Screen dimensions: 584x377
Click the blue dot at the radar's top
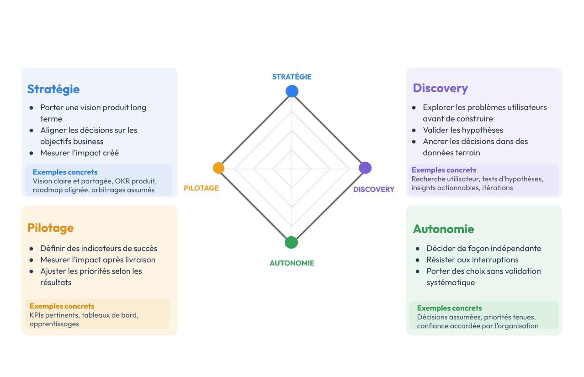(292, 91)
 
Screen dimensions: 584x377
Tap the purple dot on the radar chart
(365, 168)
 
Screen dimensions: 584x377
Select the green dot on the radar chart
(291, 243)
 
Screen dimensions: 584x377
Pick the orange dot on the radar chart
(218, 168)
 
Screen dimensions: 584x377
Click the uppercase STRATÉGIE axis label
(292, 77)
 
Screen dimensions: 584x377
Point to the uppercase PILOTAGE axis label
(201, 188)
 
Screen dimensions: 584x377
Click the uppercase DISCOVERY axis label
(374, 189)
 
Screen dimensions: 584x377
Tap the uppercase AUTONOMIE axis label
(292, 263)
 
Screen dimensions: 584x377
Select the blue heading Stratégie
(53, 90)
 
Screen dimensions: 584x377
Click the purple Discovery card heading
(441, 88)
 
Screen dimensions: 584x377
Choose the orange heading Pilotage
(50, 228)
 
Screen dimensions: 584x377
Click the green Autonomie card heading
(443, 229)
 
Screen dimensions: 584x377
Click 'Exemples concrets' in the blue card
(65, 172)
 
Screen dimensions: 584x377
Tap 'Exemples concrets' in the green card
(449, 308)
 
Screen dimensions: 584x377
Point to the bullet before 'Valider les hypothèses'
(414, 130)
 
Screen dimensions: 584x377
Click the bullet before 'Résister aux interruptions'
(417, 260)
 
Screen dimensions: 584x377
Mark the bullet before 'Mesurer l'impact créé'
(31, 153)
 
